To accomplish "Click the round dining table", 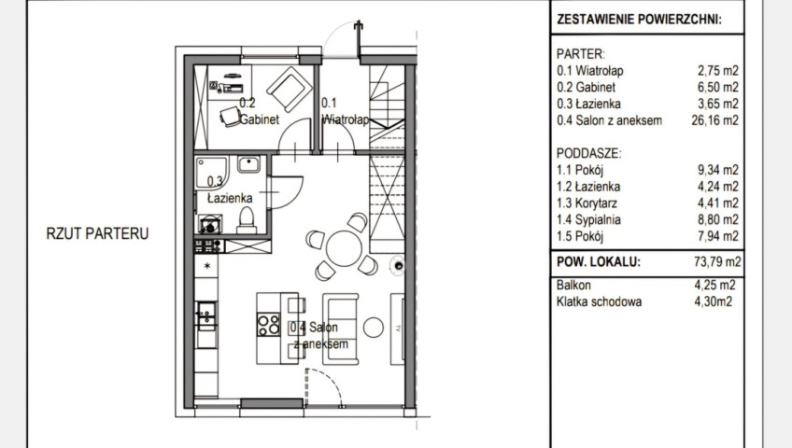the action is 344,248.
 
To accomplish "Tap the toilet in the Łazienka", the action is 247,221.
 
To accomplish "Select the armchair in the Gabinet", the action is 290,90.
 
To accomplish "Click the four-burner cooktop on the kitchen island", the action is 268,325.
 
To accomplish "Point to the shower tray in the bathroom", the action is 212,174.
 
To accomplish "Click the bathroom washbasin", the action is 248,164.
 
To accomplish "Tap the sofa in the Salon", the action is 341,329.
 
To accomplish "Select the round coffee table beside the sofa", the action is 374,328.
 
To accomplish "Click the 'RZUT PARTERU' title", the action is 97,233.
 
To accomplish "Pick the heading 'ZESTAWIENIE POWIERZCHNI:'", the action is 639,20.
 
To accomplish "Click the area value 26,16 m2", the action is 714,120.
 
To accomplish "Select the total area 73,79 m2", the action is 717,261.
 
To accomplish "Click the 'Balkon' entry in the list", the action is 573,285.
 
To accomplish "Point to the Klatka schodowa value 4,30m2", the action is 714,301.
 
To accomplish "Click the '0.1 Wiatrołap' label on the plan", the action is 346,111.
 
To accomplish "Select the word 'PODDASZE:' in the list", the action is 589,153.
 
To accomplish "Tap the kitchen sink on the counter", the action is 206,315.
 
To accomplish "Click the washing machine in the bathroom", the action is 209,225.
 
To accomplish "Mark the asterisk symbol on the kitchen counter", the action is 207,265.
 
